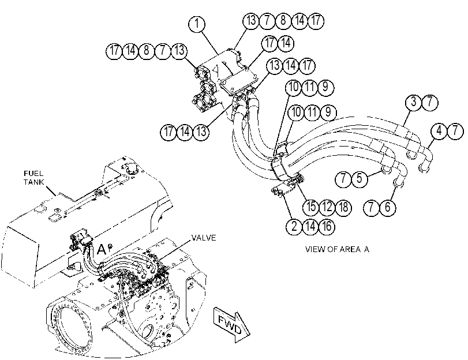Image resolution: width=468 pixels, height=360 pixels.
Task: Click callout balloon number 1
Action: click(197, 24)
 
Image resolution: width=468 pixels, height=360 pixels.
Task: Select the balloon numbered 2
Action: click(294, 226)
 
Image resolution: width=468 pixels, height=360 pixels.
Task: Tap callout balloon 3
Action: click(413, 102)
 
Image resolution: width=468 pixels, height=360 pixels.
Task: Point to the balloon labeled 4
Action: click(439, 131)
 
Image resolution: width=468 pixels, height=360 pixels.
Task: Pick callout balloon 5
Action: click(360, 179)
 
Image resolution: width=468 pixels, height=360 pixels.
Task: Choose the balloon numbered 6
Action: click(387, 207)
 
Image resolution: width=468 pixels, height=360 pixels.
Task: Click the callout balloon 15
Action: click(311, 207)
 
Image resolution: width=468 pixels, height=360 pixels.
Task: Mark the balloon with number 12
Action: click(327, 207)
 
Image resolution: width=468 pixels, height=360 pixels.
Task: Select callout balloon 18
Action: click(343, 207)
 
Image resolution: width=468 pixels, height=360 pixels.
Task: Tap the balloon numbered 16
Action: click(327, 226)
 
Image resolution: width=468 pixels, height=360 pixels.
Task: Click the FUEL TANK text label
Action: click(33, 178)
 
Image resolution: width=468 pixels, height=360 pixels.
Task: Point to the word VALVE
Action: click(204, 238)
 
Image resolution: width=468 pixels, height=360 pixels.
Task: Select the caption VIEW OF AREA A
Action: click(337, 249)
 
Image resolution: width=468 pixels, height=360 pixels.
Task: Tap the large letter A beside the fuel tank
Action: click(102, 250)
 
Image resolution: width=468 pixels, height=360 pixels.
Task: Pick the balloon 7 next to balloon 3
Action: click(430, 102)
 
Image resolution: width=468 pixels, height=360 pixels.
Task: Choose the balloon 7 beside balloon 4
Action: click(455, 131)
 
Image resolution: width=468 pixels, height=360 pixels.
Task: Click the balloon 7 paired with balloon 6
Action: click(371, 207)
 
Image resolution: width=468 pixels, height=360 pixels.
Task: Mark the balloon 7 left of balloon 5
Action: click(343, 179)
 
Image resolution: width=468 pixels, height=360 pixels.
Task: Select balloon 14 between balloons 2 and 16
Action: click(310, 226)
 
